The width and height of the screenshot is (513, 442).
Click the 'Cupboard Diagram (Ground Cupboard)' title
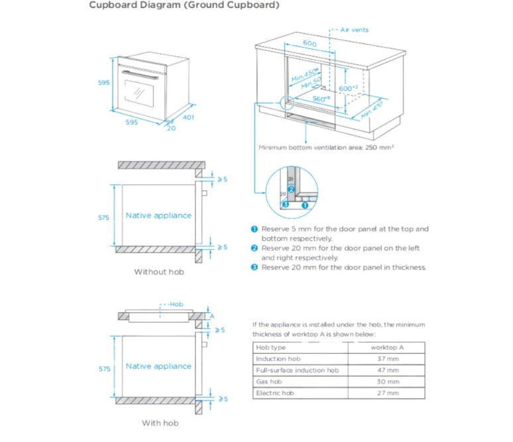174,5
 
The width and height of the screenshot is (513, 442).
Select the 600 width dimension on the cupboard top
309,44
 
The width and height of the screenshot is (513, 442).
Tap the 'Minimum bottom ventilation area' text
326,147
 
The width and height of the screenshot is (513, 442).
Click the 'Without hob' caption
159,272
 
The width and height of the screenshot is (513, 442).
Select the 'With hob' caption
160,423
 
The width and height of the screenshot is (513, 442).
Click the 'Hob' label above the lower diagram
175,304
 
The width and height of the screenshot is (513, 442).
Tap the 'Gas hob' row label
268,382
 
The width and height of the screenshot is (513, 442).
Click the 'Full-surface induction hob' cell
296,370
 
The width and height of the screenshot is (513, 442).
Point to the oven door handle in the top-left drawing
139,76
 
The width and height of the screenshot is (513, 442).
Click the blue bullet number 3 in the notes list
254,268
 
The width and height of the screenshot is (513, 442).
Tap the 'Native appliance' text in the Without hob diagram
158,215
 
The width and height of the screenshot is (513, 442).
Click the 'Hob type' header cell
270,347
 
